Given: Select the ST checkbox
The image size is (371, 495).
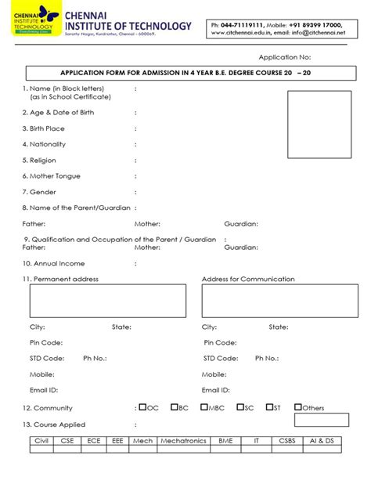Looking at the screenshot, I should pyautogui.click(x=269, y=407).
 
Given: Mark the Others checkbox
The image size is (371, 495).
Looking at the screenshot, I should pyautogui.click(x=298, y=407).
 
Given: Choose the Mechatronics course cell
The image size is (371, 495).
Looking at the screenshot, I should pyautogui.click(x=183, y=441).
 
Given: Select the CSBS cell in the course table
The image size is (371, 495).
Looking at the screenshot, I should pyautogui.click(x=286, y=441).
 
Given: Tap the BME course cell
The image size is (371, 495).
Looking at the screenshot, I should pyautogui.click(x=226, y=441).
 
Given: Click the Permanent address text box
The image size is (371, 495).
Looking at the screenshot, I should pyautogui.click(x=108, y=301).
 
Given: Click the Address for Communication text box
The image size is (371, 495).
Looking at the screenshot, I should pyautogui.click(x=279, y=301).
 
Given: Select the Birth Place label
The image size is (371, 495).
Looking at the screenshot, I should pyautogui.click(x=47, y=128).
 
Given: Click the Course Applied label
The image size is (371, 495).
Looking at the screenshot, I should pyautogui.click(x=54, y=424).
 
